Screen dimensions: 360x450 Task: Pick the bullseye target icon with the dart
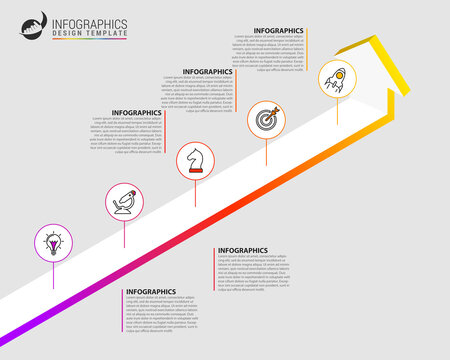point(265,119)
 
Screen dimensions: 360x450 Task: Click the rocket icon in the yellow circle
point(334,78)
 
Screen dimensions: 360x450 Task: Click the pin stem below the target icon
point(265,151)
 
